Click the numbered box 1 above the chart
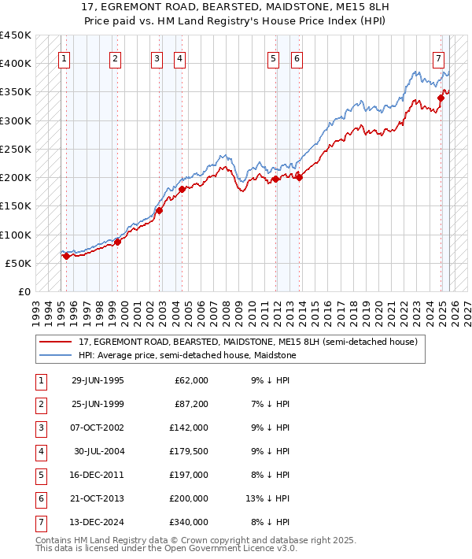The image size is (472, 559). (63, 57)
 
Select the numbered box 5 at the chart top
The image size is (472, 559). (273, 57)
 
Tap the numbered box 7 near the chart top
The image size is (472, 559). (438, 57)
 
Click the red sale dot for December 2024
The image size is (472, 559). (441, 98)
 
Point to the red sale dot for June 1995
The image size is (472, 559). (66, 256)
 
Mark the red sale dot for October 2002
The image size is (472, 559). (159, 210)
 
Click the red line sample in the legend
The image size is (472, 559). (56, 342)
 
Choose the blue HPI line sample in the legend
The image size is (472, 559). (56, 355)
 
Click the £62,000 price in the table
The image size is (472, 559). (191, 380)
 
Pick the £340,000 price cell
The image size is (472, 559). (189, 522)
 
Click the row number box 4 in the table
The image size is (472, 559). (39, 451)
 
